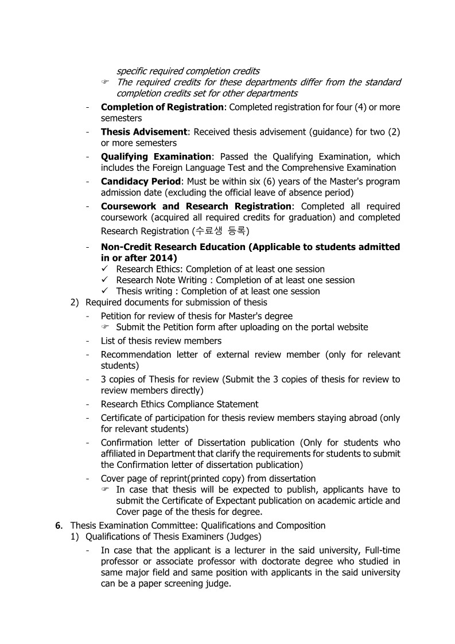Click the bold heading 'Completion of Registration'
pyautogui.click(x=162, y=107)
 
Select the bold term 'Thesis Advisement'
pyautogui.click(x=144, y=132)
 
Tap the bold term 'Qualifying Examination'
pyautogui.click(x=156, y=157)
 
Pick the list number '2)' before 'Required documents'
pyautogui.click(x=75, y=302)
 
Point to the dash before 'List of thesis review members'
pyautogui.click(x=87, y=341)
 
